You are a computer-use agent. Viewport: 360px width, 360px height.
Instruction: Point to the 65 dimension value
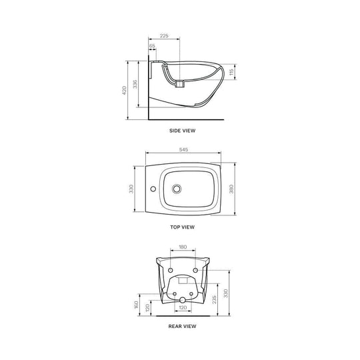point(152,47)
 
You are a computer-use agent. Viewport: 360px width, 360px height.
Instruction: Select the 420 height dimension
point(123,90)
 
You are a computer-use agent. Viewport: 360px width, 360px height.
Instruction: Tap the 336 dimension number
point(134,84)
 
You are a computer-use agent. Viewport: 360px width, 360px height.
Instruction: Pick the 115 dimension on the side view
point(231,73)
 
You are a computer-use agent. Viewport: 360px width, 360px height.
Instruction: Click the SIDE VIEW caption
point(183,131)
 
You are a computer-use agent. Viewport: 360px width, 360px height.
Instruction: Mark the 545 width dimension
point(183,151)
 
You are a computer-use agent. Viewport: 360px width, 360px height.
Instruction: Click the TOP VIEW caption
point(183,227)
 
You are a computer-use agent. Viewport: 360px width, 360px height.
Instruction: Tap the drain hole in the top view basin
point(177,189)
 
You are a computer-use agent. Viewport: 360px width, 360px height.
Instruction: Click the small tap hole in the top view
point(152,189)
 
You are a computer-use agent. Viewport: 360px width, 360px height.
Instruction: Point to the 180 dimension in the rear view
point(183,246)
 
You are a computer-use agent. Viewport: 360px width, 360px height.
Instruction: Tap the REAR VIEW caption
point(183,326)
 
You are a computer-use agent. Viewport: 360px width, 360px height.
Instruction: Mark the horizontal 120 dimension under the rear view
point(183,309)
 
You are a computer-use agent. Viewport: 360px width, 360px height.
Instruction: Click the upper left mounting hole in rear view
point(172,269)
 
